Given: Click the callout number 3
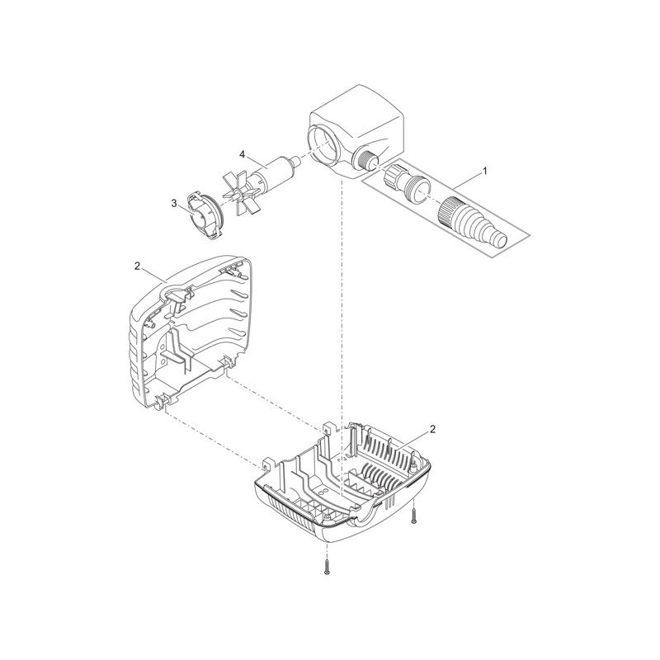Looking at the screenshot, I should coord(174,202).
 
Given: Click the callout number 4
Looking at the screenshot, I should coord(242,153).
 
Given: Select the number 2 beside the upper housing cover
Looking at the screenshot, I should coord(136,266).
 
